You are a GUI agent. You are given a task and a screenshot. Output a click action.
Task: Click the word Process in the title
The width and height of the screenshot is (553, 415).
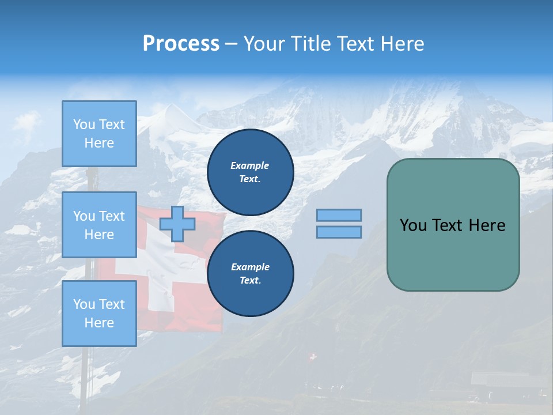[x=181, y=44]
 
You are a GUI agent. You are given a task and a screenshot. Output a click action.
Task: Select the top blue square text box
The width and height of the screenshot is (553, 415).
[x=99, y=134]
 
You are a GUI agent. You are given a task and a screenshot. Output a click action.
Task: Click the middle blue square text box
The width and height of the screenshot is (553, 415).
[x=99, y=225]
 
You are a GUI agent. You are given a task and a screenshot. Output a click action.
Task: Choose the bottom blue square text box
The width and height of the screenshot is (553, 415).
[x=99, y=314]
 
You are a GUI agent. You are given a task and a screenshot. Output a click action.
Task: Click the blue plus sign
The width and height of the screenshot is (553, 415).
[x=177, y=224]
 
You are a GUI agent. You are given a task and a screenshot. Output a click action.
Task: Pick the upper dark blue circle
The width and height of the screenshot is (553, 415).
[x=250, y=172]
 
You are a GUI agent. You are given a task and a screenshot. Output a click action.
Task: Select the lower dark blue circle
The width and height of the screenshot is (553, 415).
[x=250, y=273]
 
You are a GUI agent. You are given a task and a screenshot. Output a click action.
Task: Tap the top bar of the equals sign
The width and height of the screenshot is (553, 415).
[x=339, y=215]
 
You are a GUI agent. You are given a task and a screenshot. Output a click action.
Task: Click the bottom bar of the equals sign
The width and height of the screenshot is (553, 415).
[x=339, y=232]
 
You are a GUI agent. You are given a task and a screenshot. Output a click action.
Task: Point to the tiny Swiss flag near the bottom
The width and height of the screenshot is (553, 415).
[x=313, y=357]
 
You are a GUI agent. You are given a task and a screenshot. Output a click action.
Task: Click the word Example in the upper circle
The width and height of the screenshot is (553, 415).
[x=250, y=165]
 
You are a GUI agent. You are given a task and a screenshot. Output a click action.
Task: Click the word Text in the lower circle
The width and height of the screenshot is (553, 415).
[x=249, y=281]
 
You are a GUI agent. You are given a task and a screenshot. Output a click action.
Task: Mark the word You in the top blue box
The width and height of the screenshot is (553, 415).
[x=84, y=124]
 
